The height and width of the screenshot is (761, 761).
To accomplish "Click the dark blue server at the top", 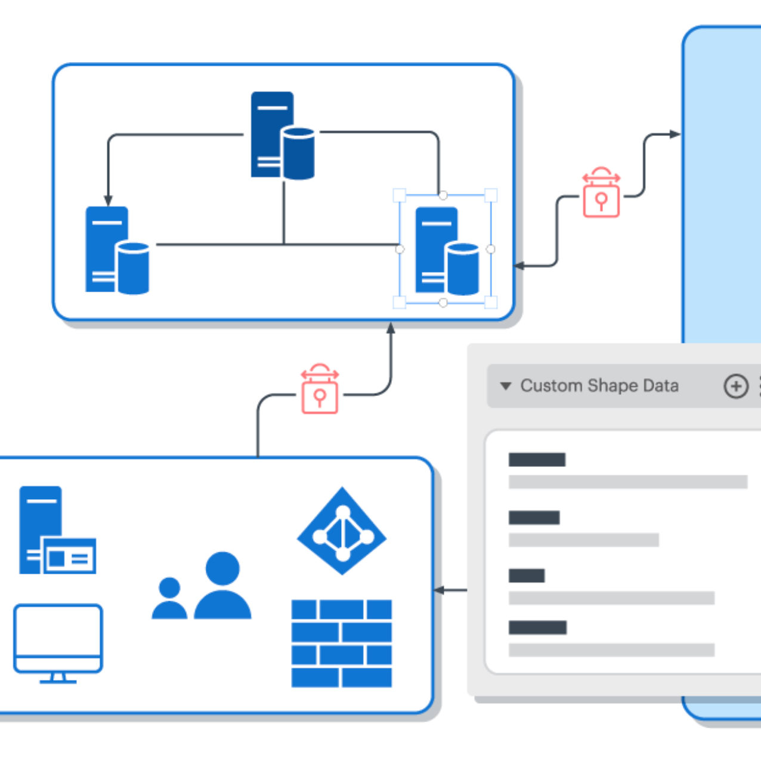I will pyautogui.click(x=281, y=135).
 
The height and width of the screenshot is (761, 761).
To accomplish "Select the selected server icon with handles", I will pyautogui.click(x=446, y=250).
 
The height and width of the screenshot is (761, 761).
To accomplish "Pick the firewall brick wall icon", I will pyautogui.click(x=342, y=644).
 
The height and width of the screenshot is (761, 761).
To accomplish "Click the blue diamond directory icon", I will pyautogui.click(x=342, y=531).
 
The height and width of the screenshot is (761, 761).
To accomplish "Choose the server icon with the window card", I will pyautogui.click(x=57, y=531).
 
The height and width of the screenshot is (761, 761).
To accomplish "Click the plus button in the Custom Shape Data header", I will pyautogui.click(x=735, y=386).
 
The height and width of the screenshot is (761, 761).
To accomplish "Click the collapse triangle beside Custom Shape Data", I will pyautogui.click(x=506, y=386).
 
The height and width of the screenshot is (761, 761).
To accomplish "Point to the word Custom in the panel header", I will pyautogui.click(x=550, y=386).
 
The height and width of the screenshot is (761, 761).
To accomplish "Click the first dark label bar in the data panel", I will pyautogui.click(x=537, y=460).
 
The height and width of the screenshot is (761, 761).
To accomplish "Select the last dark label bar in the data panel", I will pyautogui.click(x=537, y=627).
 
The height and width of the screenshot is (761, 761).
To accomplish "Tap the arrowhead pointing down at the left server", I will pyautogui.click(x=108, y=200).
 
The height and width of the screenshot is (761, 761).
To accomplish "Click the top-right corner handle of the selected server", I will pyautogui.click(x=491, y=195).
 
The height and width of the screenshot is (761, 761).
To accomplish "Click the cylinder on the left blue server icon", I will pyautogui.click(x=134, y=268).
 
